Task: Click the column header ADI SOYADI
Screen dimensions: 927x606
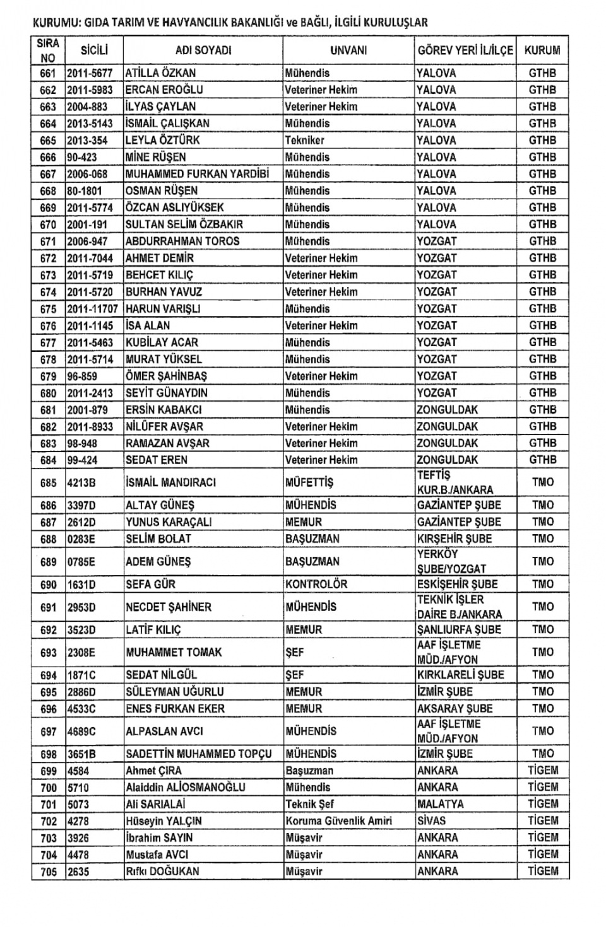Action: [203, 50]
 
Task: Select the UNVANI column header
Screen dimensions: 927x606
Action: [348, 50]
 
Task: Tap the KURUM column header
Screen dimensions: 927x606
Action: [542, 50]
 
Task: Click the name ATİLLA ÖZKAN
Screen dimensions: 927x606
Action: [161, 73]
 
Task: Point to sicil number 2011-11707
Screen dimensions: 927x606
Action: [93, 309]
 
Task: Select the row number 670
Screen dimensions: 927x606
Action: [48, 224]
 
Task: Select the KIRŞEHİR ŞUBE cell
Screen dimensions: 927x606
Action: [459, 539]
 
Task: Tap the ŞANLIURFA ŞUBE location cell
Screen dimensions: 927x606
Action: [459, 630]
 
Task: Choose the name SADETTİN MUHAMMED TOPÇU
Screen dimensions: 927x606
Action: [199, 754]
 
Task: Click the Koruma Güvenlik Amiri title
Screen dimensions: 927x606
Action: [338, 821]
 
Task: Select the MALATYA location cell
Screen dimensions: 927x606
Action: [441, 804]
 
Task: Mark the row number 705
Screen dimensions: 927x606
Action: [48, 872]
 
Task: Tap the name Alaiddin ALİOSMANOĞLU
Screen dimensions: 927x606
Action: [186, 788]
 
